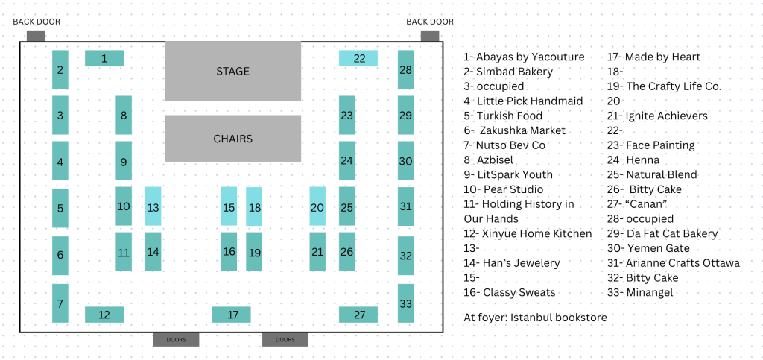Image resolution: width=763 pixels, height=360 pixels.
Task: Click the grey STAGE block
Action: pos(232,71)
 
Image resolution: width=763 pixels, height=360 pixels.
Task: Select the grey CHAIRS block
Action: pos(232,139)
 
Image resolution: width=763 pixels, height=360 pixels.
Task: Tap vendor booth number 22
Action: pos(358,58)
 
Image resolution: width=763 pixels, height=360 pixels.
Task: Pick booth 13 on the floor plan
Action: pos(153,206)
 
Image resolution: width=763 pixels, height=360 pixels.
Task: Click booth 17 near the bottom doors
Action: pos(231,315)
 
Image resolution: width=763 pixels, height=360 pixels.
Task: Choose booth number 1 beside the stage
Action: pos(104,58)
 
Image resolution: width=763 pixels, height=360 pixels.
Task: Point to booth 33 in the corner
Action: pos(405,303)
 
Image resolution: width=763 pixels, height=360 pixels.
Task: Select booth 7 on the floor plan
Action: pos(60,303)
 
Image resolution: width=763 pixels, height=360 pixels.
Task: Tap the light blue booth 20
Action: pos(317,206)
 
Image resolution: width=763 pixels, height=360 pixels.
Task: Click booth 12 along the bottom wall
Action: pos(104,315)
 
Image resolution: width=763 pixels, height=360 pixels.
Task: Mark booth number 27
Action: pos(358,315)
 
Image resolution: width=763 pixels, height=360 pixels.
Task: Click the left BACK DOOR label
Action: pos(37,22)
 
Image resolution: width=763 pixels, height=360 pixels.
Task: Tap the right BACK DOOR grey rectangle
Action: pos(430,35)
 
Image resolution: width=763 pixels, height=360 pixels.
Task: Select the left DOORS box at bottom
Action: pos(176,340)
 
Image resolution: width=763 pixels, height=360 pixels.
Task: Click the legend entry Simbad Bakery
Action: pos(508,72)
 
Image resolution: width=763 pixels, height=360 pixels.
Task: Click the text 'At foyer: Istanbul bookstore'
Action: pos(535,318)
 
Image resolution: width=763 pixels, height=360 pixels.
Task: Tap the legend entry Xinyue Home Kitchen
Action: pos(528,233)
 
